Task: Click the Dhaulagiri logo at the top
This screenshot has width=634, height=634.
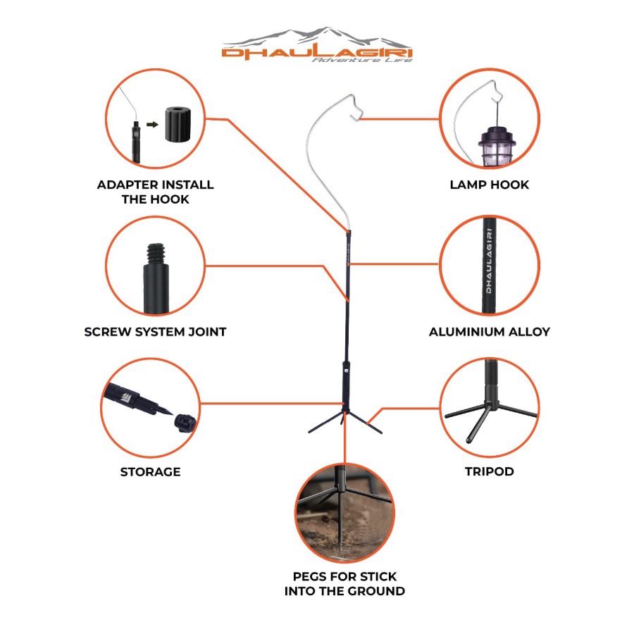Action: click(317, 45)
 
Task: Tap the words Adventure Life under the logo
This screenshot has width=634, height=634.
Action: click(362, 60)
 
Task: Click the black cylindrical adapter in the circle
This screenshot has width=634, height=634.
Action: click(177, 125)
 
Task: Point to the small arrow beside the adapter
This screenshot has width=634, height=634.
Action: click(152, 125)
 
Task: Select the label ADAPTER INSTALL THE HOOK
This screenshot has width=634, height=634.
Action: click(155, 192)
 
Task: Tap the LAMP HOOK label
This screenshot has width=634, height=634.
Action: click(490, 185)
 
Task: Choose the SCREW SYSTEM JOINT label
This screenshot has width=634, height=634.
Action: click(155, 332)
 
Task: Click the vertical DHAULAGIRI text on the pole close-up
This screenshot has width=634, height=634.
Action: click(489, 261)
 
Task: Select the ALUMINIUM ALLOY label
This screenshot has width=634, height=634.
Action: click(490, 332)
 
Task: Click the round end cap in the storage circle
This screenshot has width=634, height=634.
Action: click(185, 423)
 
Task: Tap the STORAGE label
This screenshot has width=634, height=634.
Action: click(151, 472)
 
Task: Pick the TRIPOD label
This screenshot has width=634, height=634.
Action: click(490, 471)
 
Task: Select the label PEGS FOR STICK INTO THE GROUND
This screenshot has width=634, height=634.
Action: click(344, 583)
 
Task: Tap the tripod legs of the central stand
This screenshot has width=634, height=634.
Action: click(345, 422)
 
